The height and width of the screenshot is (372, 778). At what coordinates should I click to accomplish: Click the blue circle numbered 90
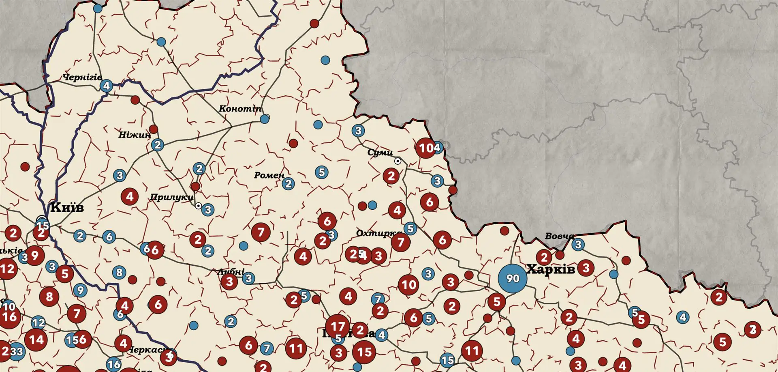click(513, 278)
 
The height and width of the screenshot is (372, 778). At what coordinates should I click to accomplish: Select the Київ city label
click(67, 207)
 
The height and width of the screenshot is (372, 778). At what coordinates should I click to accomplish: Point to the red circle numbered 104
click(425, 148)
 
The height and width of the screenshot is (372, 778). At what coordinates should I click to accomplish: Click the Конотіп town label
click(240, 109)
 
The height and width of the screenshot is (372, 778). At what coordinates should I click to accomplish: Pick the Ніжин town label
click(135, 135)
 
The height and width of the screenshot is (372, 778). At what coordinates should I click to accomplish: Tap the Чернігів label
click(82, 77)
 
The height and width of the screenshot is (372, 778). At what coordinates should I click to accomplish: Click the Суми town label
click(380, 153)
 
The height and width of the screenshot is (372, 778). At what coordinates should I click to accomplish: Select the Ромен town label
click(269, 175)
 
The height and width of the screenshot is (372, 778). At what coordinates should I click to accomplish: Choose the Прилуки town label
click(171, 198)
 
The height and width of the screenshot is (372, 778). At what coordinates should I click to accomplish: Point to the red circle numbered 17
click(338, 326)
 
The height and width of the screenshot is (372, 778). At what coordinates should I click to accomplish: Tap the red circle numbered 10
click(408, 285)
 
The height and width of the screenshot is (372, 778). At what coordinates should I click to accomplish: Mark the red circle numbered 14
click(36, 340)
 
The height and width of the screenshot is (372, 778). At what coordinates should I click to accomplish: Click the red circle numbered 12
click(7, 269)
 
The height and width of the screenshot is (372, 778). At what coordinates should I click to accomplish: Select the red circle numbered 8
click(49, 297)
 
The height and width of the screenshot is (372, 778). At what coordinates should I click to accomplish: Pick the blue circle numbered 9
click(80, 290)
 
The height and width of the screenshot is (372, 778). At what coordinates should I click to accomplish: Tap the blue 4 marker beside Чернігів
click(107, 86)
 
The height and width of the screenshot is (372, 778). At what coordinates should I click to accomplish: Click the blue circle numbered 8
click(119, 272)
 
